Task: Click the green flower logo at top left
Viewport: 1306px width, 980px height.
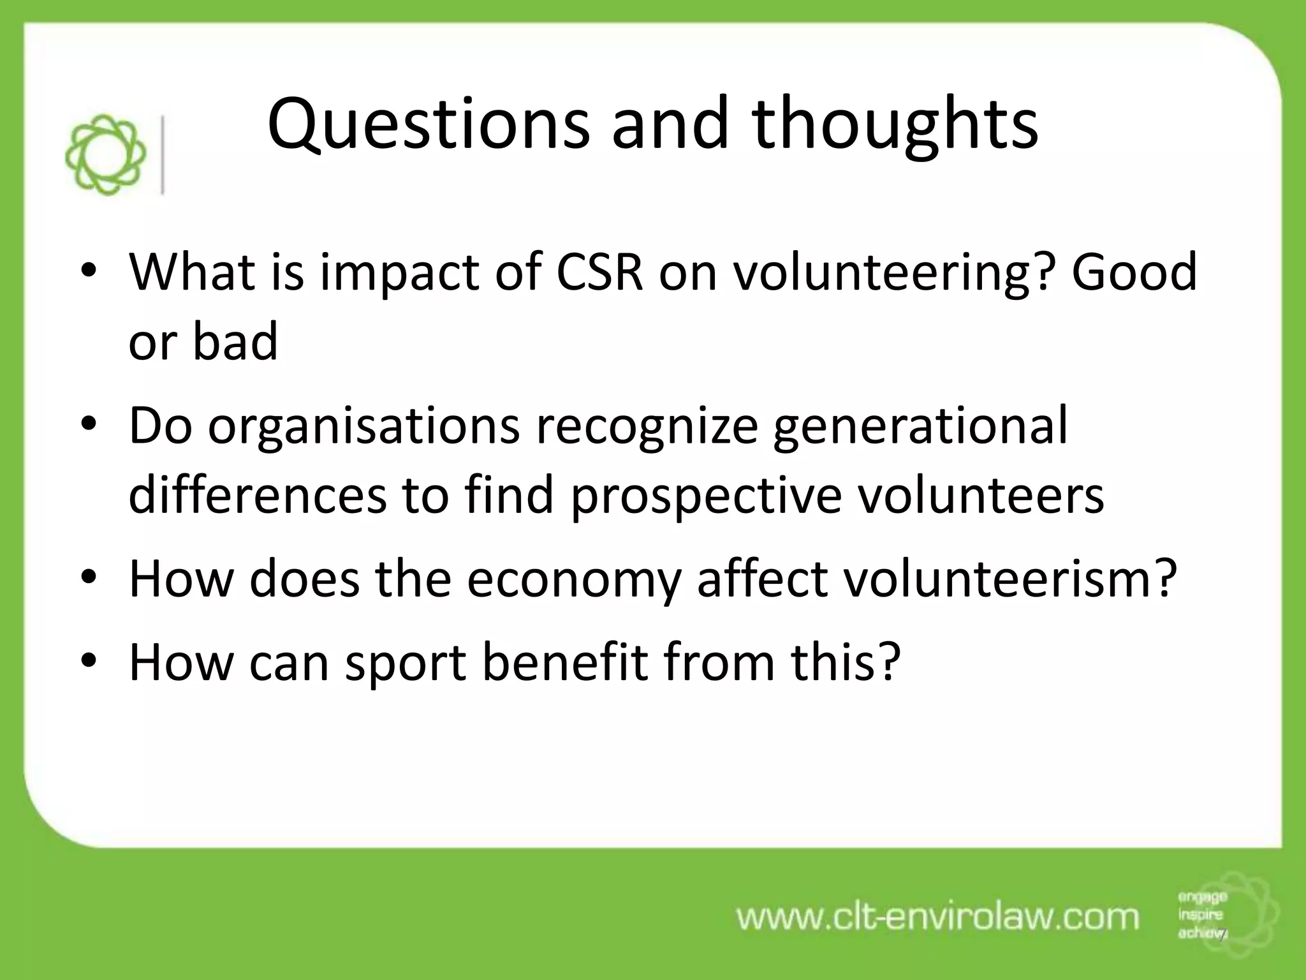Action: (x=106, y=155)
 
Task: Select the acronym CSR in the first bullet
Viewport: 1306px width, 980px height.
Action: (x=599, y=272)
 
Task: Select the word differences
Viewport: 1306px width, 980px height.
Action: (x=258, y=496)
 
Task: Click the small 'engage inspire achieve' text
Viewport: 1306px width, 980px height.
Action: (x=1202, y=915)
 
